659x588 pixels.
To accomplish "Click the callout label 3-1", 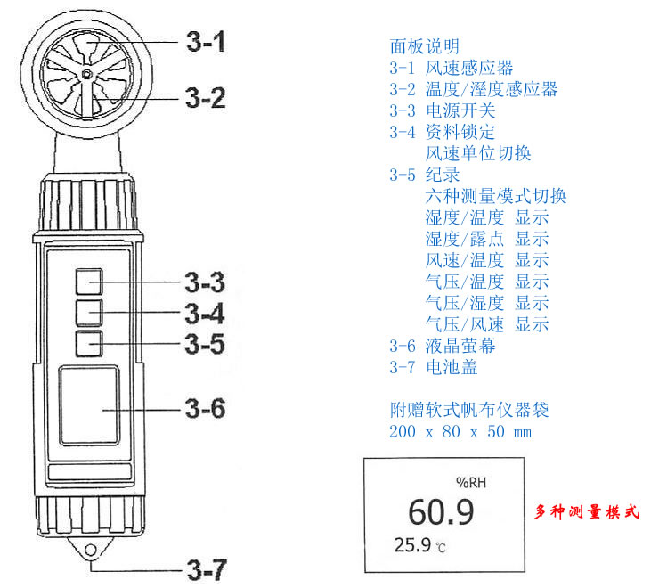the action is [206, 42].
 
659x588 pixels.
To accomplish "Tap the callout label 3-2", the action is [206, 98].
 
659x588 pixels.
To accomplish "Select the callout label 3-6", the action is [206, 408].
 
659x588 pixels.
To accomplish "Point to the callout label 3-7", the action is [207, 570].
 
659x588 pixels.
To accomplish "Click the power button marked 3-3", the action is [89, 282].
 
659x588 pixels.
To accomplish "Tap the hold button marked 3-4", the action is [89, 313].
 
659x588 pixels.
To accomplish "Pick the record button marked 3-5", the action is [89, 344].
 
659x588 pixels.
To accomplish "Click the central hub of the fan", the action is [86, 74].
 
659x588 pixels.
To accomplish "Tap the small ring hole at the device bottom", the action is [90, 550].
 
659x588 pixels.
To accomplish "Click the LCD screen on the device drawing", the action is [89, 405].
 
